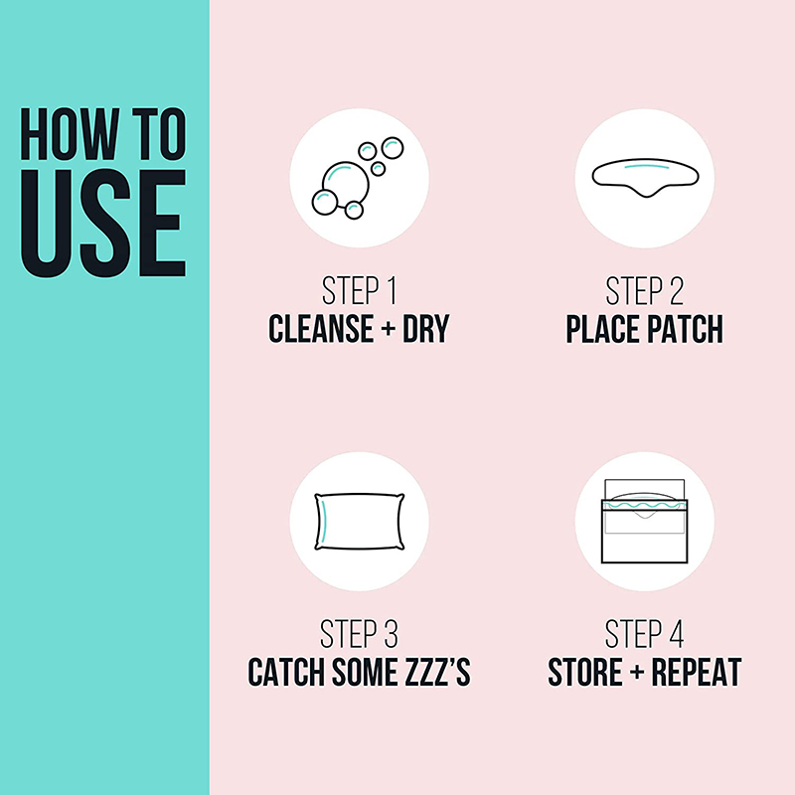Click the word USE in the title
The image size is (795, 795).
[x=103, y=223]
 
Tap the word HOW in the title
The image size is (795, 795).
[x=70, y=134]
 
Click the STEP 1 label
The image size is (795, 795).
[x=359, y=291]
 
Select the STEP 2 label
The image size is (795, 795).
[x=644, y=291]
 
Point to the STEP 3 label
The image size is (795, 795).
[x=359, y=634]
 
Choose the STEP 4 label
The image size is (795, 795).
[x=644, y=634]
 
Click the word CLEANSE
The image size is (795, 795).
[x=321, y=329]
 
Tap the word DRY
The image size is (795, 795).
[x=426, y=329]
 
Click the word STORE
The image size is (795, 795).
[x=585, y=672]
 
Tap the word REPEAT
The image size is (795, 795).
[x=697, y=672]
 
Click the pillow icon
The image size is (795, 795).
[x=360, y=522]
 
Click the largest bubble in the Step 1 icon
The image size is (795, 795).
[x=345, y=184]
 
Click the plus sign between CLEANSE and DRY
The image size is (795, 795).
[x=388, y=329]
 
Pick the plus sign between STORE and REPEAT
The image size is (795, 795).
[x=637, y=672]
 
